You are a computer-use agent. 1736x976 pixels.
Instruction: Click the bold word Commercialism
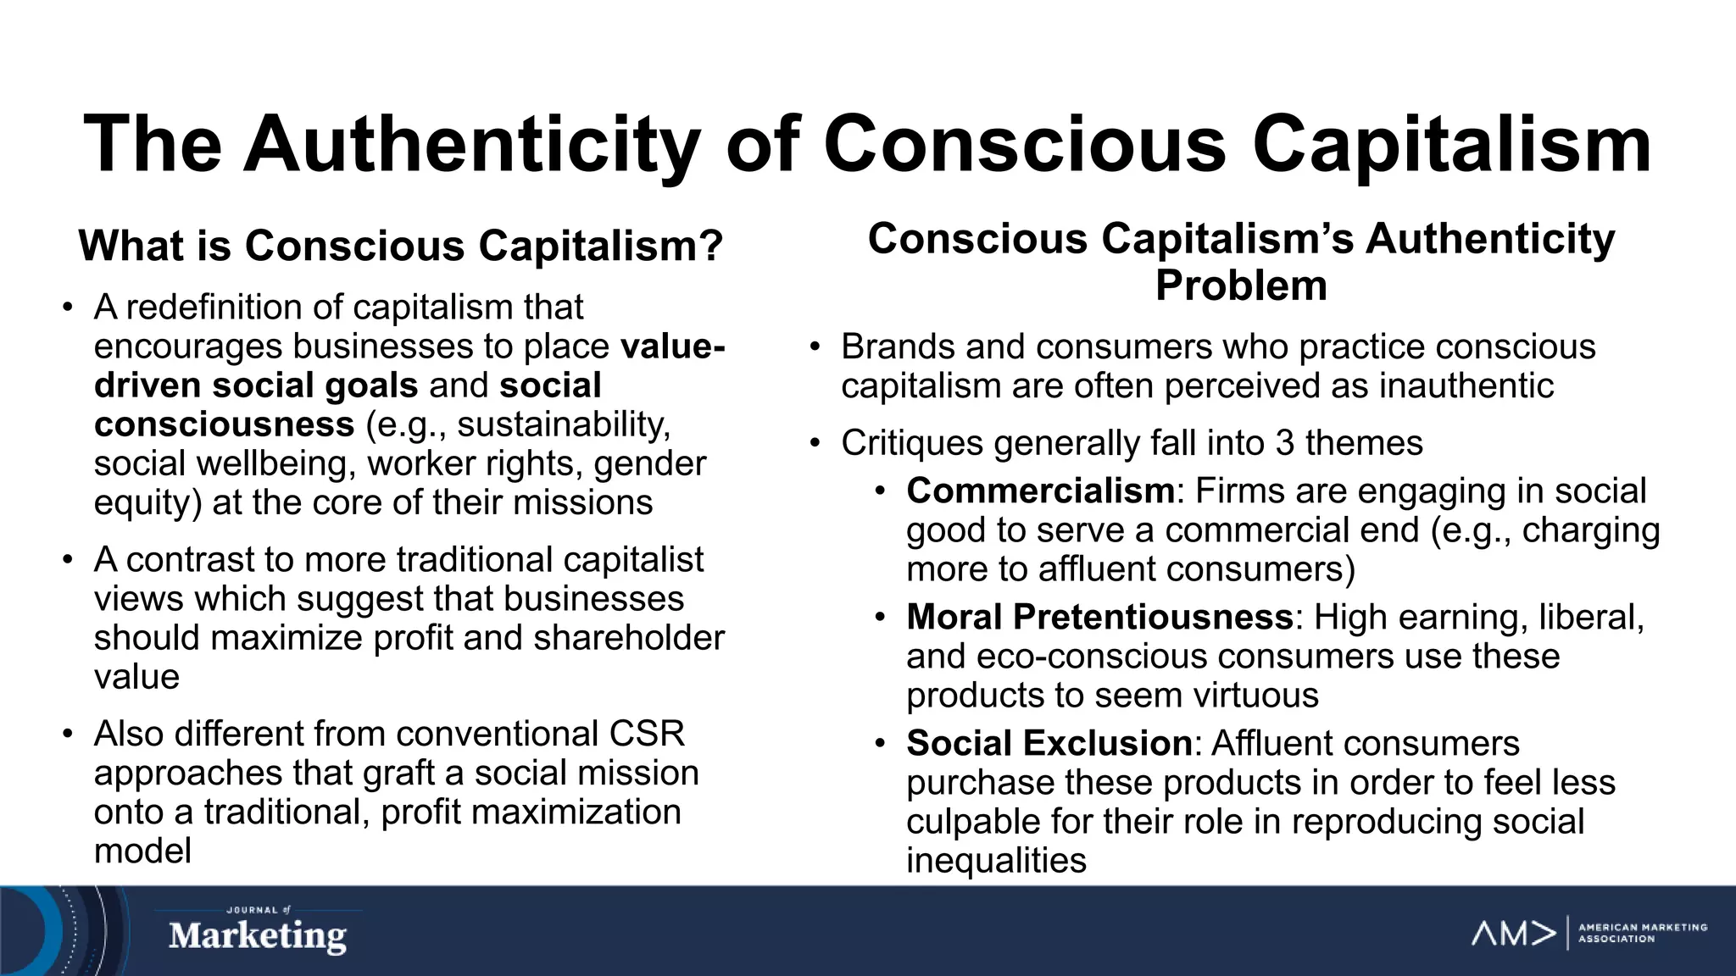click(1040, 491)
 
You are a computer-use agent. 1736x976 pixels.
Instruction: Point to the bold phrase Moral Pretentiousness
click(1099, 617)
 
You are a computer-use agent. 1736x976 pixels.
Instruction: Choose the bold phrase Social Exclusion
click(1049, 743)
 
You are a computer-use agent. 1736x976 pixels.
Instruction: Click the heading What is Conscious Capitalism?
click(400, 246)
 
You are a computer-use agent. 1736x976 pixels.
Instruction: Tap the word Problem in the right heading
click(1241, 286)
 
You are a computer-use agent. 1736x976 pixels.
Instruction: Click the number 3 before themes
click(1284, 443)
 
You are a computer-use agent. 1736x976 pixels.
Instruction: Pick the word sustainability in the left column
click(563, 424)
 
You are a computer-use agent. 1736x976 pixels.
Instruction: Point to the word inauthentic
click(1466, 386)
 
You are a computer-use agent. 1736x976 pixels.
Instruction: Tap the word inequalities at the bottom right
click(996, 861)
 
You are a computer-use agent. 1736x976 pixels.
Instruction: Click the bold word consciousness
click(224, 424)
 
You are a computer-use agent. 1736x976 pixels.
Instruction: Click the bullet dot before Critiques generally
click(815, 443)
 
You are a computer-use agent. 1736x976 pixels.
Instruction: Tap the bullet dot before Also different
click(68, 734)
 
